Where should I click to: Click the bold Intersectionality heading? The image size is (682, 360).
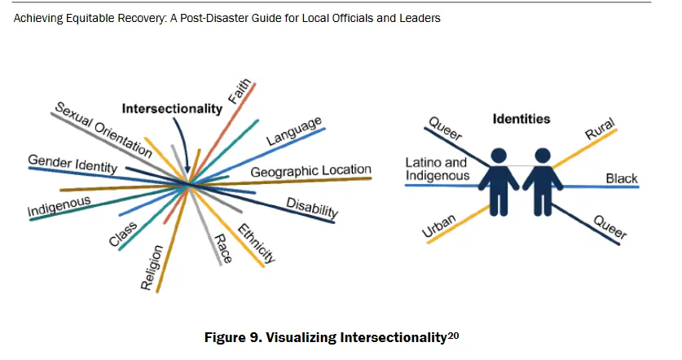[x=172, y=108]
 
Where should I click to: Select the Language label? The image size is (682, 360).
[x=294, y=132]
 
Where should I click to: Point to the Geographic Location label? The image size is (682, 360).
[x=310, y=171]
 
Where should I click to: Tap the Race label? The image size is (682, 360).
[x=222, y=248]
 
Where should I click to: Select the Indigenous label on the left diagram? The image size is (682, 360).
[x=59, y=207]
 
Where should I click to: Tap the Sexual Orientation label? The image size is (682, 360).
[x=103, y=130]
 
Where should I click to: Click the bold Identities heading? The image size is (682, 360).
[x=521, y=119]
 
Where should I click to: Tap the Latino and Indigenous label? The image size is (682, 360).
[x=437, y=169]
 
